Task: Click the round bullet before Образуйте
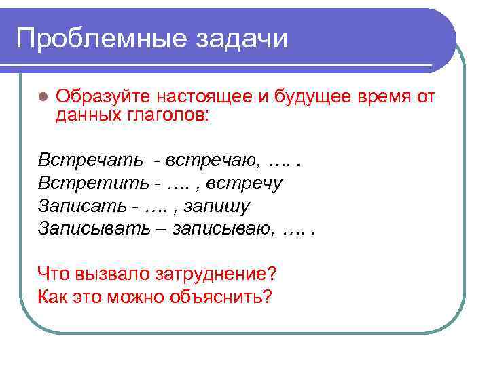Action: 42,96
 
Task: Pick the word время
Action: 384,96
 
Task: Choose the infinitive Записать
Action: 80,205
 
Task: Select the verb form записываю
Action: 223,228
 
